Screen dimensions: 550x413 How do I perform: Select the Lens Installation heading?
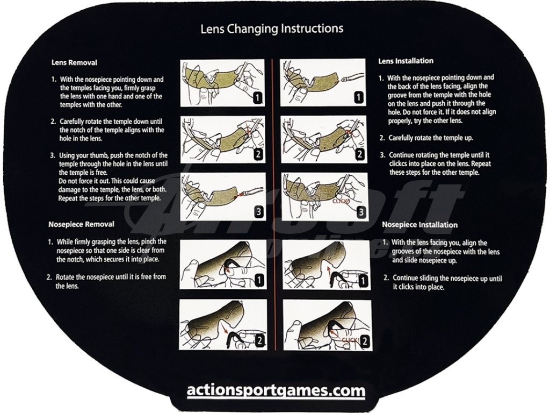tap(406, 61)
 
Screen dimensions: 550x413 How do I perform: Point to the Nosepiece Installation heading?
tap(419, 225)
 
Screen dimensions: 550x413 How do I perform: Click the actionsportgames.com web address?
tap(276, 390)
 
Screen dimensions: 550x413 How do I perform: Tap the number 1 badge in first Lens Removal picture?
tap(258, 98)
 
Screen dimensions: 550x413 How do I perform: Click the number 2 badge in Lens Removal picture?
tap(258, 155)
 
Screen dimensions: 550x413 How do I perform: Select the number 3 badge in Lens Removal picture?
tap(258, 211)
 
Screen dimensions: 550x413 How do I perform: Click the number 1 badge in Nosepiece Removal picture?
tap(259, 280)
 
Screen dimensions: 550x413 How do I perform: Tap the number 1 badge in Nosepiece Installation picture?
tap(364, 280)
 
